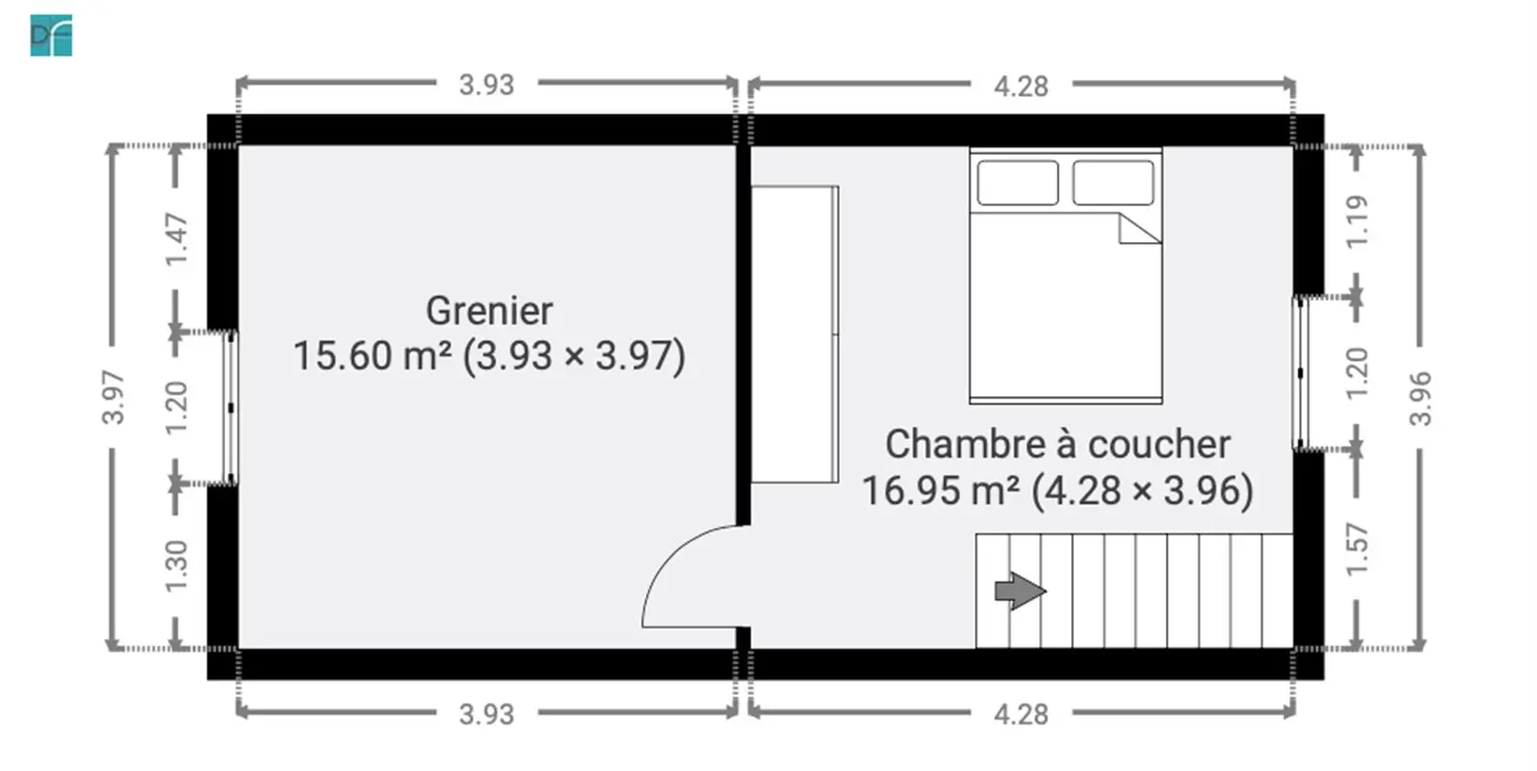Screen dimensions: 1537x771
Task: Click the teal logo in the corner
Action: pos(51,35)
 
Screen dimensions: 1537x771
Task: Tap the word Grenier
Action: pos(490,311)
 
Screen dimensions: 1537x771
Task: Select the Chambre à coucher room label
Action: pos(1057,444)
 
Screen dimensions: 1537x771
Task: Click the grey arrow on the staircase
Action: pos(1020,592)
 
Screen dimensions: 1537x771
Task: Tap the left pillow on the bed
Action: pos(1018,182)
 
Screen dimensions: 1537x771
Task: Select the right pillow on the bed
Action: pos(1113,182)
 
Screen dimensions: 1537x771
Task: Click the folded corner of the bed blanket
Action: pos(1139,229)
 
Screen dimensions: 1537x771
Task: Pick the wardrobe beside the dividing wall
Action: pos(794,334)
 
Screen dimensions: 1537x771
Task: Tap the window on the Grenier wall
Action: pos(231,407)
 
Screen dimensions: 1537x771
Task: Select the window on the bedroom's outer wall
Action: pos(1300,373)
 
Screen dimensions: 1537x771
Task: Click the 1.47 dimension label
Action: pos(177,239)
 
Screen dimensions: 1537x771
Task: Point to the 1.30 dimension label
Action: pos(177,566)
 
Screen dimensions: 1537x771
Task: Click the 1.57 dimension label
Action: pos(1358,549)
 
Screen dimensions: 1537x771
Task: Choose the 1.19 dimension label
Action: pos(1358,222)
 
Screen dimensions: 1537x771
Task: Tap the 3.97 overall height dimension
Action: pos(113,397)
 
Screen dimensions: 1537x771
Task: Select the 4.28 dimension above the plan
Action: pos(1021,86)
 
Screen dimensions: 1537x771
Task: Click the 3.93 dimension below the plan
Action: pos(487,715)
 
